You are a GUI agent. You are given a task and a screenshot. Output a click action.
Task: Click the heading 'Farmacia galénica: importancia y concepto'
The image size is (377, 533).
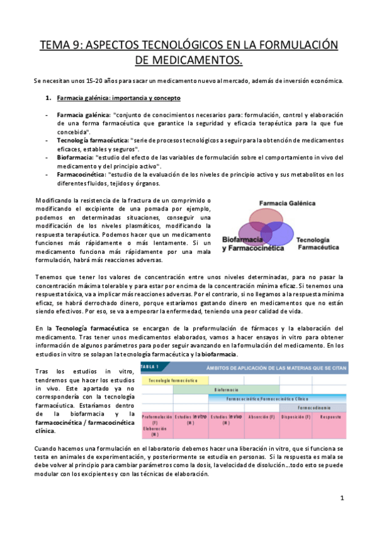point(118,98)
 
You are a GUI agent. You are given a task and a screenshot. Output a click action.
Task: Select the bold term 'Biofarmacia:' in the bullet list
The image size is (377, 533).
point(76,157)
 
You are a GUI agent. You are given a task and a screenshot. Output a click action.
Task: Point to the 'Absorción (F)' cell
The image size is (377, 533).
point(258,417)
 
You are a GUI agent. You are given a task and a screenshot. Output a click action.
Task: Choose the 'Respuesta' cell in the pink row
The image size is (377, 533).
point(326,417)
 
